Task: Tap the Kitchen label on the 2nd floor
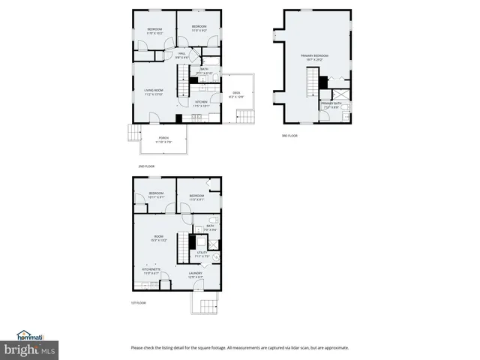tap(201, 103)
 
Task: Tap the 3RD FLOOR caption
tap(289, 135)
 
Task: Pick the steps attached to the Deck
tap(245, 116)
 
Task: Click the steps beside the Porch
tap(133, 133)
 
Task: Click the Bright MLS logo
tap(30, 349)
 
